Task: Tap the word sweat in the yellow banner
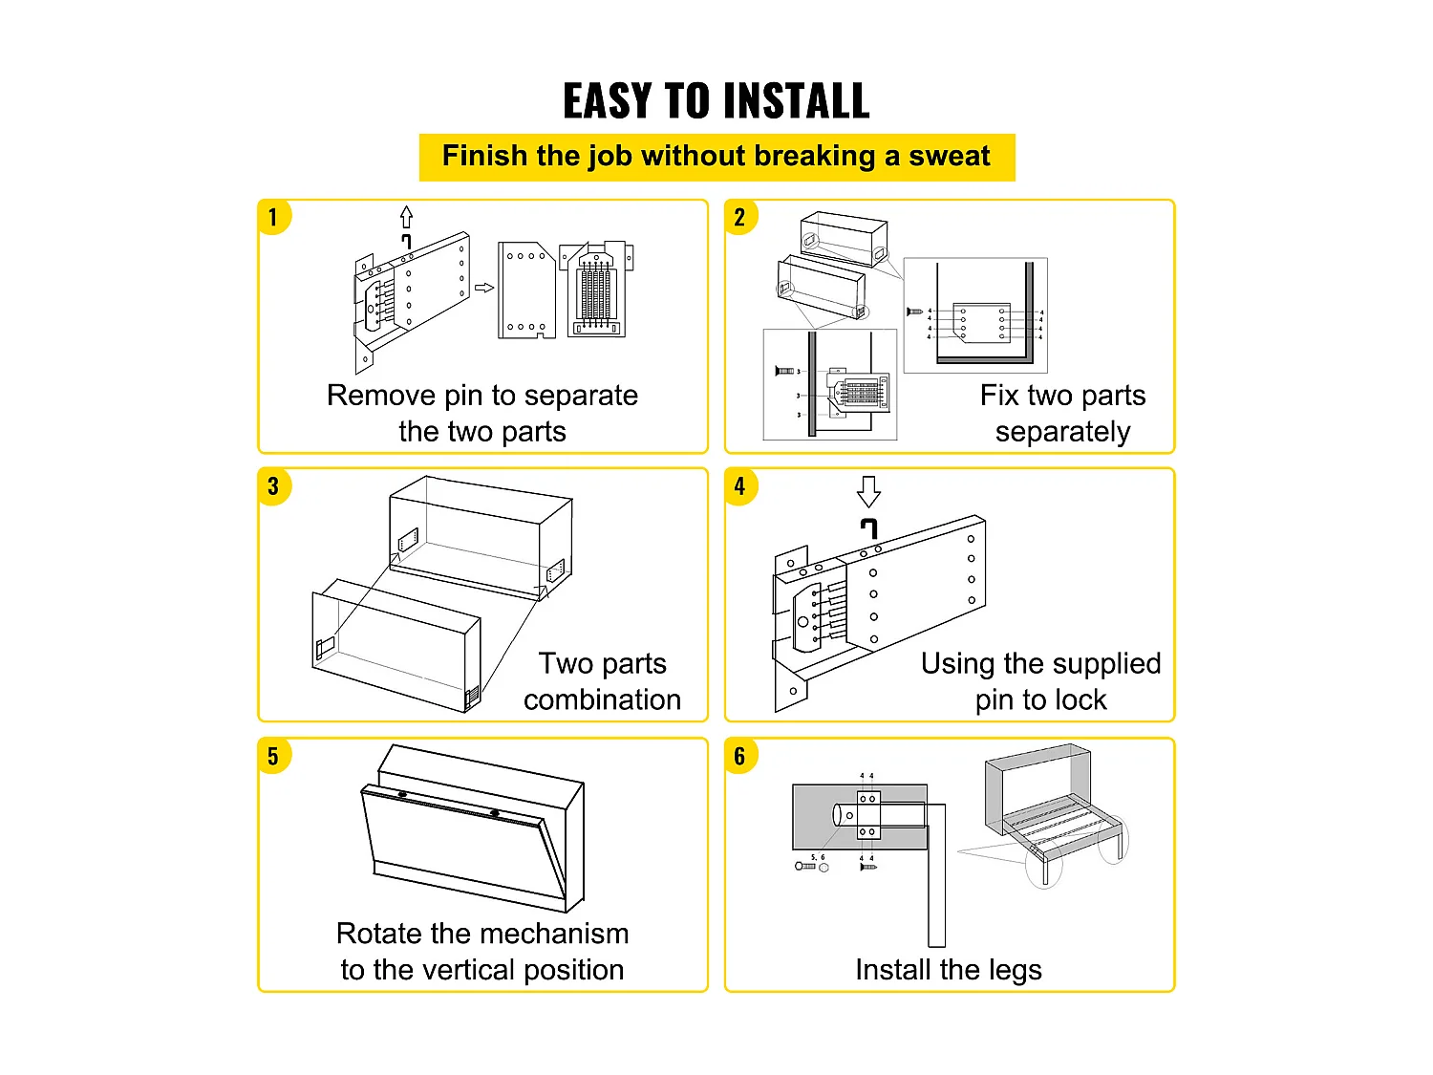[x=949, y=156]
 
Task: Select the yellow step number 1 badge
[x=273, y=218]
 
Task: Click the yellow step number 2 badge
[x=740, y=218]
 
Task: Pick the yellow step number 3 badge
[x=273, y=486]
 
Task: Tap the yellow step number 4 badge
[x=740, y=486]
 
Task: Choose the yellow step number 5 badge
[x=273, y=756]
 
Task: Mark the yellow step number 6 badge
[x=740, y=756]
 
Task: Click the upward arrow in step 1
[x=406, y=216]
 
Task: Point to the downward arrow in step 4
[x=868, y=491]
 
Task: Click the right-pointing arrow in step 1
[x=484, y=288]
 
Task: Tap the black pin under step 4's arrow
[x=868, y=527]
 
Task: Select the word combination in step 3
[x=602, y=699]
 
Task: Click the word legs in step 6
[x=1015, y=970]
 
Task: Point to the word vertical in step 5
[x=468, y=970]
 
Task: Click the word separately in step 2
[x=1062, y=432]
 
